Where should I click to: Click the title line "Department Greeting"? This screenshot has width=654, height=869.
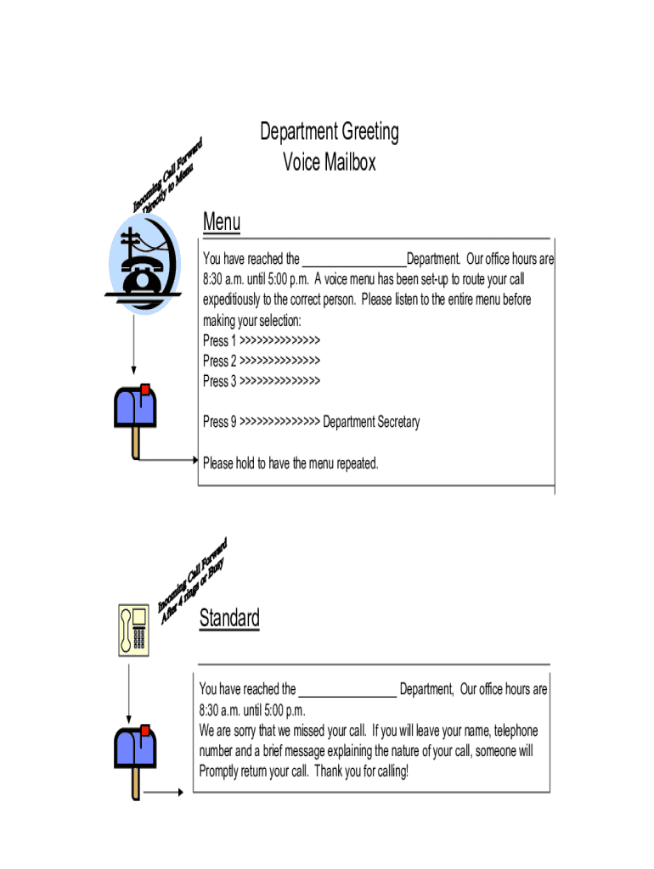(x=329, y=132)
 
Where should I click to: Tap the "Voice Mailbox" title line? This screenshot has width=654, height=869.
(x=329, y=161)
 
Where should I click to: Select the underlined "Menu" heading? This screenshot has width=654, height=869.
(x=222, y=222)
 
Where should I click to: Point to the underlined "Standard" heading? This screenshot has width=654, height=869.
(x=229, y=618)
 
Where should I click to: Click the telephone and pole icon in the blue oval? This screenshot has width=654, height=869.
(x=145, y=263)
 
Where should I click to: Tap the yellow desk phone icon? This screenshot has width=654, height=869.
(x=133, y=630)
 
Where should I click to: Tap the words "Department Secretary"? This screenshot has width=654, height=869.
(x=371, y=422)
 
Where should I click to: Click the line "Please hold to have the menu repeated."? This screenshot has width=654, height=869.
(x=290, y=463)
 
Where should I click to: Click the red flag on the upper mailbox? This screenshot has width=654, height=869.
(x=145, y=390)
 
